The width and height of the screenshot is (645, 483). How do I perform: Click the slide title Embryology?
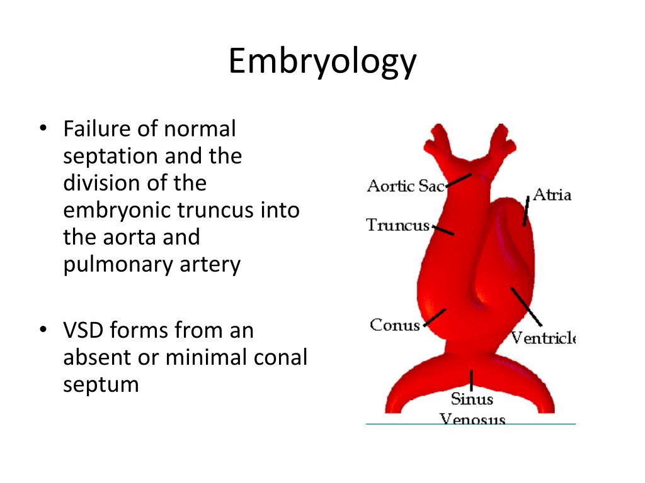tap(322, 62)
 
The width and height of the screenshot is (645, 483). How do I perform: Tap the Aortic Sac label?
tap(406, 186)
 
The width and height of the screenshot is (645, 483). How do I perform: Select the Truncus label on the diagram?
tap(398, 225)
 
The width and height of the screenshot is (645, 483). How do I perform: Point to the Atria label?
tap(552, 194)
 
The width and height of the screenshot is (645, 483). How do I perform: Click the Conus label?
tap(394, 325)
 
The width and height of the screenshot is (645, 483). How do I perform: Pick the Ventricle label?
tap(543, 338)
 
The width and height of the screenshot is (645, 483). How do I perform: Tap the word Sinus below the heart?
tap(471, 399)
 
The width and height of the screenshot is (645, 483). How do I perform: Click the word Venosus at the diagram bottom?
tap(472, 418)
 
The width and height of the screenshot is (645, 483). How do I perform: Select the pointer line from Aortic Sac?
tap(459, 180)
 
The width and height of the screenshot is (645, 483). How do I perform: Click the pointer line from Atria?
tap(526, 211)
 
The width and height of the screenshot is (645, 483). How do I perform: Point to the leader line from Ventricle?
tap(526, 306)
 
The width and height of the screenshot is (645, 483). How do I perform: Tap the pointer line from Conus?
tap(435, 318)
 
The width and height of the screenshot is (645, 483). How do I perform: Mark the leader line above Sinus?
tap(471, 380)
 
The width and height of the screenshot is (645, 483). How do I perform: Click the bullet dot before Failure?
tap(43, 128)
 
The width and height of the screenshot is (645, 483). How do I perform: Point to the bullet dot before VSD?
tap(43, 330)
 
